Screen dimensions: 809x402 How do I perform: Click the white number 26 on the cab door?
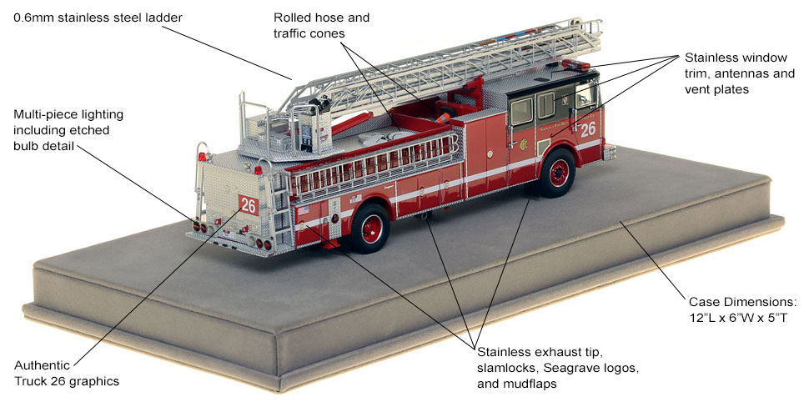click(589, 129)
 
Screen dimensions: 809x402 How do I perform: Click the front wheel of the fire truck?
click(556, 173)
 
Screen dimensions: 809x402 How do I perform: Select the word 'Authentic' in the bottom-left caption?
click(41, 365)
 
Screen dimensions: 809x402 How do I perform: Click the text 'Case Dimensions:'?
click(743, 301)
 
